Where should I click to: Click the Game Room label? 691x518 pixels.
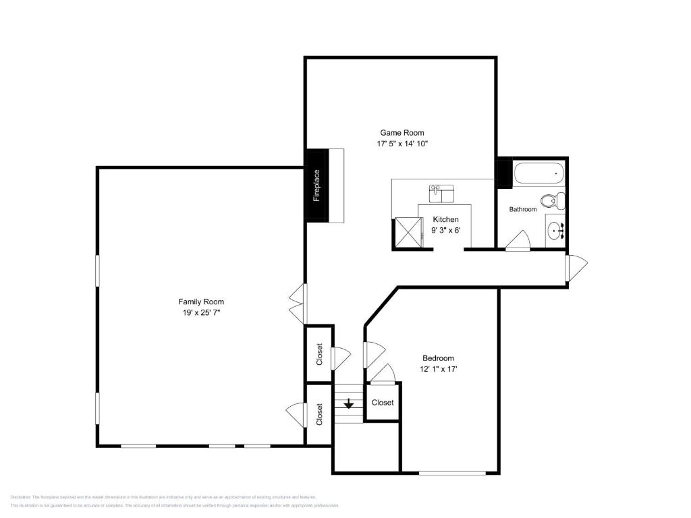402,133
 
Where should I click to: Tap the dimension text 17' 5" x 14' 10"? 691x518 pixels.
402,144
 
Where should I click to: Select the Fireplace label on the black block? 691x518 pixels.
316,185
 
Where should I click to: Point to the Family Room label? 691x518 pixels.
201,301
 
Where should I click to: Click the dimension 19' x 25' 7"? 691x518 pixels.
201,312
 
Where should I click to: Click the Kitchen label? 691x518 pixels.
445,219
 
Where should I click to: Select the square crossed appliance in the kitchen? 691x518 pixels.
406,232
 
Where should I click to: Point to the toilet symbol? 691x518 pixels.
551,200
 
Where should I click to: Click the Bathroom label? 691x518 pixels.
523,209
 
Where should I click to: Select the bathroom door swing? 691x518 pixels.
518,241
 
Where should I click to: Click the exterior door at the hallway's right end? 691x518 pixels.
577,268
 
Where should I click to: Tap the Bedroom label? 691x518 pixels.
438,358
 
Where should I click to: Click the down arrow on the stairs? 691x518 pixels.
348,404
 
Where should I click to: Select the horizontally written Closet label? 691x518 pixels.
383,403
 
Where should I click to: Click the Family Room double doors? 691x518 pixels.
297,303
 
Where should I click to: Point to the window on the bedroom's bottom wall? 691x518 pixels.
452,473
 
